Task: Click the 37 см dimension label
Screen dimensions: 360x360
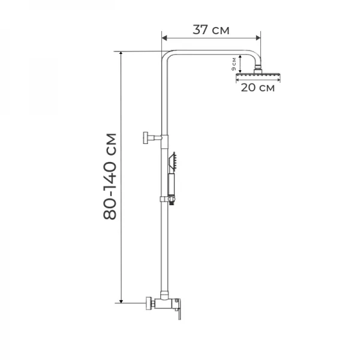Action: pyautogui.click(x=211, y=30)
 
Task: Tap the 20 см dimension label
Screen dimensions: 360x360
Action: pyautogui.click(x=257, y=88)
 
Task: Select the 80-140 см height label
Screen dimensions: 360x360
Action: pyautogui.click(x=110, y=176)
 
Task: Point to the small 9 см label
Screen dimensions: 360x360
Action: pyautogui.click(x=234, y=64)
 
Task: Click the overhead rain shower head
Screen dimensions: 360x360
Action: pyautogui.click(x=258, y=75)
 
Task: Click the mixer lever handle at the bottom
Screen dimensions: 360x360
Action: pyautogui.click(x=179, y=309)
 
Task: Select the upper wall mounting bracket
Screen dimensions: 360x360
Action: pyautogui.click(x=152, y=138)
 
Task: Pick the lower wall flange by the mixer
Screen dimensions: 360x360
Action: pyautogui.click(x=149, y=303)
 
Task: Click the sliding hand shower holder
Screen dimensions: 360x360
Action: pyautogui.click(x=168, y=199)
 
